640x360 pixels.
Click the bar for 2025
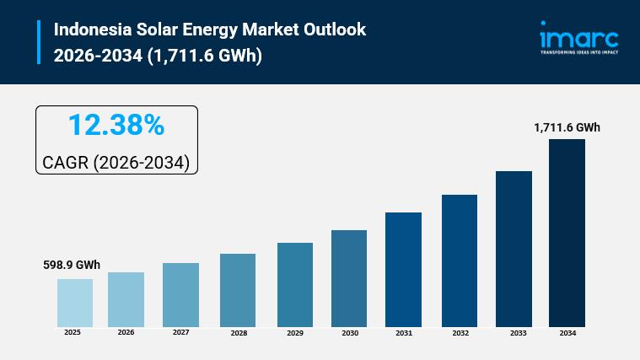[x=75, y=303]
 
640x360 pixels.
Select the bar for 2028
[x=238, y=290]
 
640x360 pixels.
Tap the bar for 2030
[x=349, y=278]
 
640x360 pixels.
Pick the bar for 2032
[x=460, y=261]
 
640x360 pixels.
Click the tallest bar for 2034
[x=567, y=233]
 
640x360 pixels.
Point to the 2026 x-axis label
[x=126, y=332]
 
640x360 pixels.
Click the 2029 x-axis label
[x=295, y=333]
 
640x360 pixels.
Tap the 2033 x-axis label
[x=519, y=333]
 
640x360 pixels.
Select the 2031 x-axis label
[x=404, y=333]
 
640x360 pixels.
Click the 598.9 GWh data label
[x=72, y=265]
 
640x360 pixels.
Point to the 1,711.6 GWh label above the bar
[x=567, y=127]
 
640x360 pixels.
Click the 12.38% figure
[x=116, y=125]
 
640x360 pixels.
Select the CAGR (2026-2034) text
[x=116, y=163]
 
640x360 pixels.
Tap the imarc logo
[x=579, y=38]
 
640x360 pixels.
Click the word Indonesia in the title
[x=93, y=30]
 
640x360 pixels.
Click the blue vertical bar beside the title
[x=39, y=42]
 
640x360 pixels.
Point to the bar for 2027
[x=180, y=295]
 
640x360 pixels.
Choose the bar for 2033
[x=514, y=249]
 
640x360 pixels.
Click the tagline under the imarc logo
[x=579, y=52]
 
